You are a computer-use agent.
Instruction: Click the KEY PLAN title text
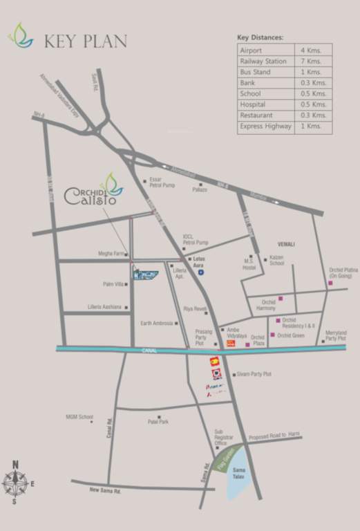(x=85, y=41)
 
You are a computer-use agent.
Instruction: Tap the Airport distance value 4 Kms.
(x=310, y=50)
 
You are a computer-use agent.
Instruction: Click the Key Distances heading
(x=260, y=37)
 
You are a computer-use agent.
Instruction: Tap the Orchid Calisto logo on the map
(x=94, y=192)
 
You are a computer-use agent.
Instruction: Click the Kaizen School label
(x=276, y=261)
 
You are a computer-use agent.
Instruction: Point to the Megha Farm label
(x=111, y=254)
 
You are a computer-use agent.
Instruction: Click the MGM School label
(x=79, y=417)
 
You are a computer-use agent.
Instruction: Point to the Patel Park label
(x=158, y=422)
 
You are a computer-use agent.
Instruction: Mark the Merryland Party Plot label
(x=336, y=335)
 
